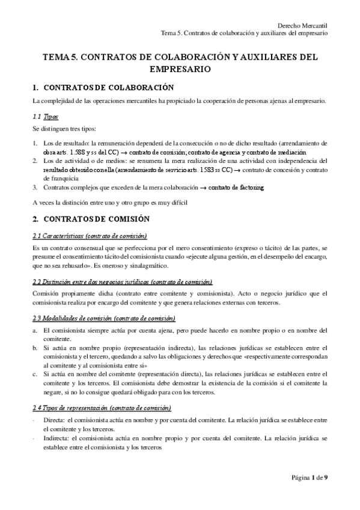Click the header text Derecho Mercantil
304,25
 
